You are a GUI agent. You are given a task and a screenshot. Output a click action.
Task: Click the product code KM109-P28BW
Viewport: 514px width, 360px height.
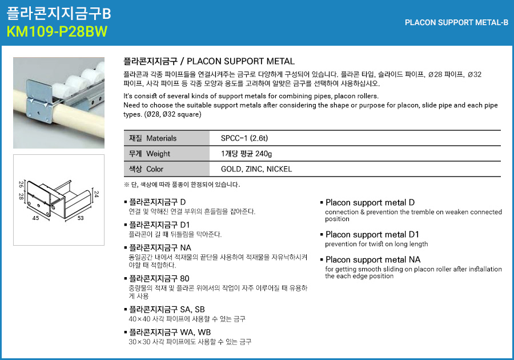(x=57, y=31)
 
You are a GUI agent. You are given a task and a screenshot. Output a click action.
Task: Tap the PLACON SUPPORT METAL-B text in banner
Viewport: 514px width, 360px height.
(x=456, y=23)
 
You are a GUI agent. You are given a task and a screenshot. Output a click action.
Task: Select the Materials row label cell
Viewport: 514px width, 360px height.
(x=167, y=138)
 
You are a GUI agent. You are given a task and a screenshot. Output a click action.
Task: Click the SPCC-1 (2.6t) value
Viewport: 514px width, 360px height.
(x=244, y=138)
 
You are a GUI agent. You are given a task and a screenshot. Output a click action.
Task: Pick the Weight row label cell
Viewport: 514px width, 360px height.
(x=167, y=154)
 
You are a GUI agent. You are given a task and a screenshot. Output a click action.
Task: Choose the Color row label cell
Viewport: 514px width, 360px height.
(x=167, y=169)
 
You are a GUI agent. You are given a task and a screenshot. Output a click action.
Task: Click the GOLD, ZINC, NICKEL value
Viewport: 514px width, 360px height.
(x=256, y=169)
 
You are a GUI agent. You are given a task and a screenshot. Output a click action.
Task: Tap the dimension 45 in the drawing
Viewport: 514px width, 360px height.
(x=35, y=218)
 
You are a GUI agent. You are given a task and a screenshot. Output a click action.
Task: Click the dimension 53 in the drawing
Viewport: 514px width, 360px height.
(x=81, y=218)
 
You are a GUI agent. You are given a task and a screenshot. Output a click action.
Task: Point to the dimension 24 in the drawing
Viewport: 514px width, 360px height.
(x=96, y=194)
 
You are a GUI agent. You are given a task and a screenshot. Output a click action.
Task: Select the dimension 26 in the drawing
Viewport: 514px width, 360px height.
(x=21, y=184)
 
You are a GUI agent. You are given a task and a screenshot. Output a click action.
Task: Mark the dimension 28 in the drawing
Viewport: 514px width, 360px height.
(x=21, y=197)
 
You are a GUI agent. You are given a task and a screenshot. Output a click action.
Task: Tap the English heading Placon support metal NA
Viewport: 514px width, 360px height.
(x=373, y=259)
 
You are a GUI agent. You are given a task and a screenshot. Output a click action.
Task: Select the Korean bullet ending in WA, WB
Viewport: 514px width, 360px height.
(x=170, y=332)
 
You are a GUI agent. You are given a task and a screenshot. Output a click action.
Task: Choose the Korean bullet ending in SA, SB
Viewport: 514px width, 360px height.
(x=167, y=309)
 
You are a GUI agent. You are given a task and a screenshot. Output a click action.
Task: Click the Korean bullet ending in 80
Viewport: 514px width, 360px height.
(x=159, y=278)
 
